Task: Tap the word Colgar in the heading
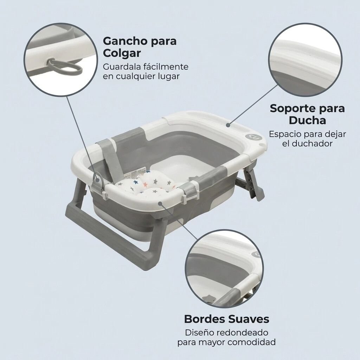[x=122, y=54]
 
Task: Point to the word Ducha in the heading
[x=307, y=120]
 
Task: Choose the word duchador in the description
[x=312, y=143]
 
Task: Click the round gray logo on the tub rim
[x=250, y=137]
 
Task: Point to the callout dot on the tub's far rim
[x=228, y=125]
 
